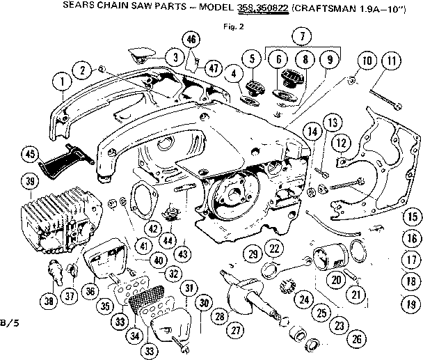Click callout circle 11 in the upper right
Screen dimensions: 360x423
tap(391, 63)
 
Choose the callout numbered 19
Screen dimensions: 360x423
tap(412, 304)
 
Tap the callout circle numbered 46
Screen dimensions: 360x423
tap(190, 38)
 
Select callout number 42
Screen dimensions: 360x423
tap(152, 226)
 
